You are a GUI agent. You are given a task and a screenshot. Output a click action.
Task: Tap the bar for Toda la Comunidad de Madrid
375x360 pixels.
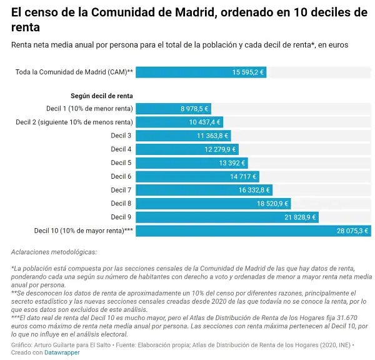(201, 72)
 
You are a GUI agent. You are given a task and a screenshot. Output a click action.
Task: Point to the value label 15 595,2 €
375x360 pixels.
(248, 72)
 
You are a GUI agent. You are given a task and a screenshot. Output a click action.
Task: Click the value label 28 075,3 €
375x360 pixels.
(352, 231)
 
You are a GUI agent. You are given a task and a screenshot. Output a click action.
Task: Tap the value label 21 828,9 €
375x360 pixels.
(301, 217)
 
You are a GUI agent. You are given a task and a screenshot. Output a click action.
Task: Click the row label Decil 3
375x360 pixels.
(121, 136)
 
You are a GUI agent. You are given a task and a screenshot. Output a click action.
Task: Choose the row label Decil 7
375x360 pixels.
(121, 190)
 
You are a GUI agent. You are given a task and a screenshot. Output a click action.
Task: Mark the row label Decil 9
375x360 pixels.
(121, 217)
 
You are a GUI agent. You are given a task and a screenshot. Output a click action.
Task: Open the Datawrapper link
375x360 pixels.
(62, 352)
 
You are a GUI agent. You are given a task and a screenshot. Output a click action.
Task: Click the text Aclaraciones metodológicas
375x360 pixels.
(54, 252)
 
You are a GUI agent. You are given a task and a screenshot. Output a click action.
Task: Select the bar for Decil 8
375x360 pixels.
(213, 204)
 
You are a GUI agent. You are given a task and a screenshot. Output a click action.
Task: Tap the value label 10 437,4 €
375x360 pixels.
(206, 122)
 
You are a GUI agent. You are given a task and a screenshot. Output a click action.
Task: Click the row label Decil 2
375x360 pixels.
(74, 122)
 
